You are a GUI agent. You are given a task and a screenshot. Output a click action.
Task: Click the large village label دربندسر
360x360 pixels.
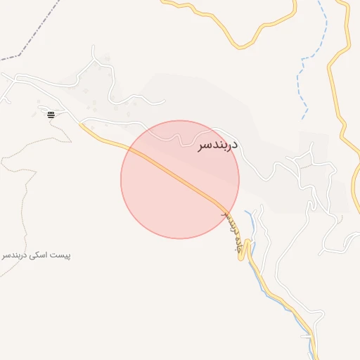214,143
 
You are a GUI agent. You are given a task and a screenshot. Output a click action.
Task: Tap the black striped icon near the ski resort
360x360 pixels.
51,114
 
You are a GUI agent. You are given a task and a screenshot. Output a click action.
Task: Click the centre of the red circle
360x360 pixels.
180,179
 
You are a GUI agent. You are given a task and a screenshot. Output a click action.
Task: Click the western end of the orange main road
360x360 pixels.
82,125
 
